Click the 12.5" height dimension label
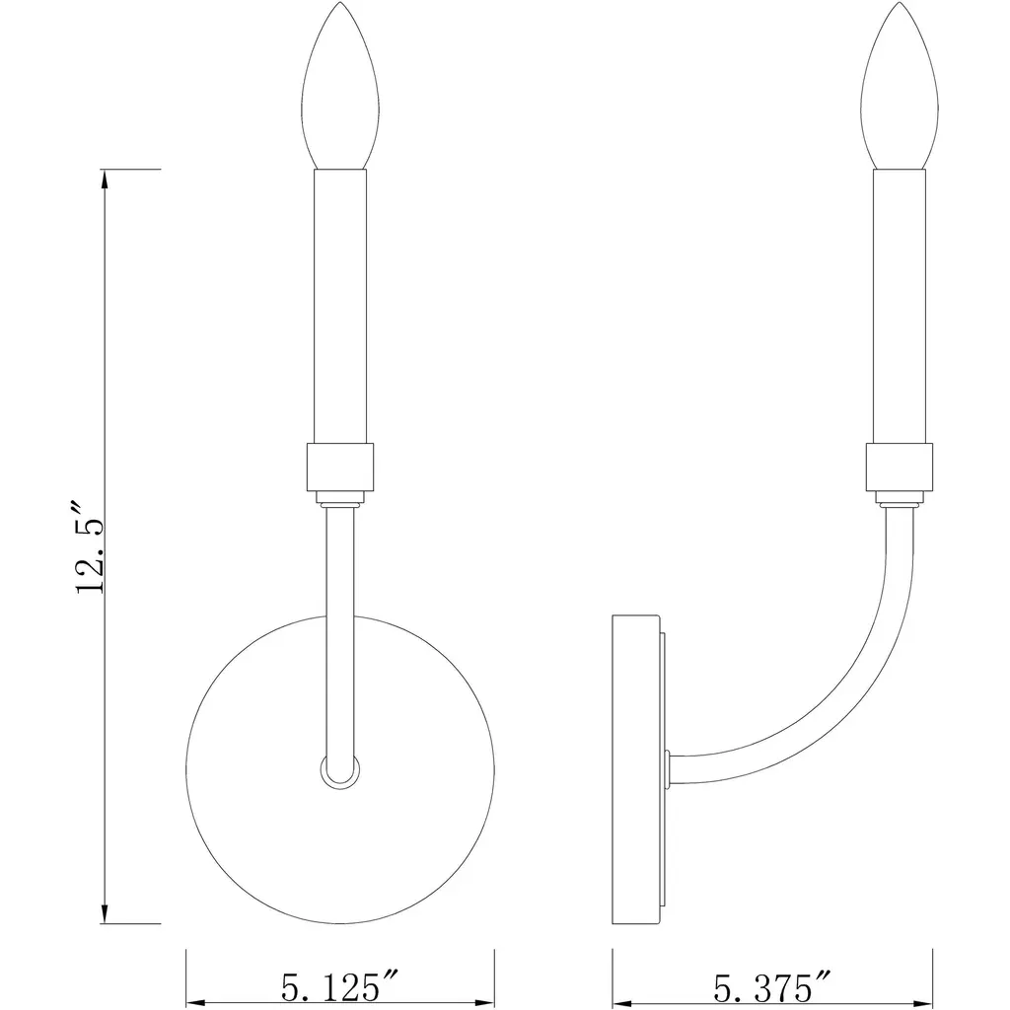[90, 546]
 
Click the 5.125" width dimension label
[340, 986]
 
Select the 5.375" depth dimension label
[772, 986]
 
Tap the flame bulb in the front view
[340, 86]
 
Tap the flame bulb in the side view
[900, 86]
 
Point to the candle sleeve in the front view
[340, 307]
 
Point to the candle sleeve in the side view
[900, 307]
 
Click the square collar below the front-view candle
[340, 467]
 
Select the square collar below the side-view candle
[900, 467]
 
